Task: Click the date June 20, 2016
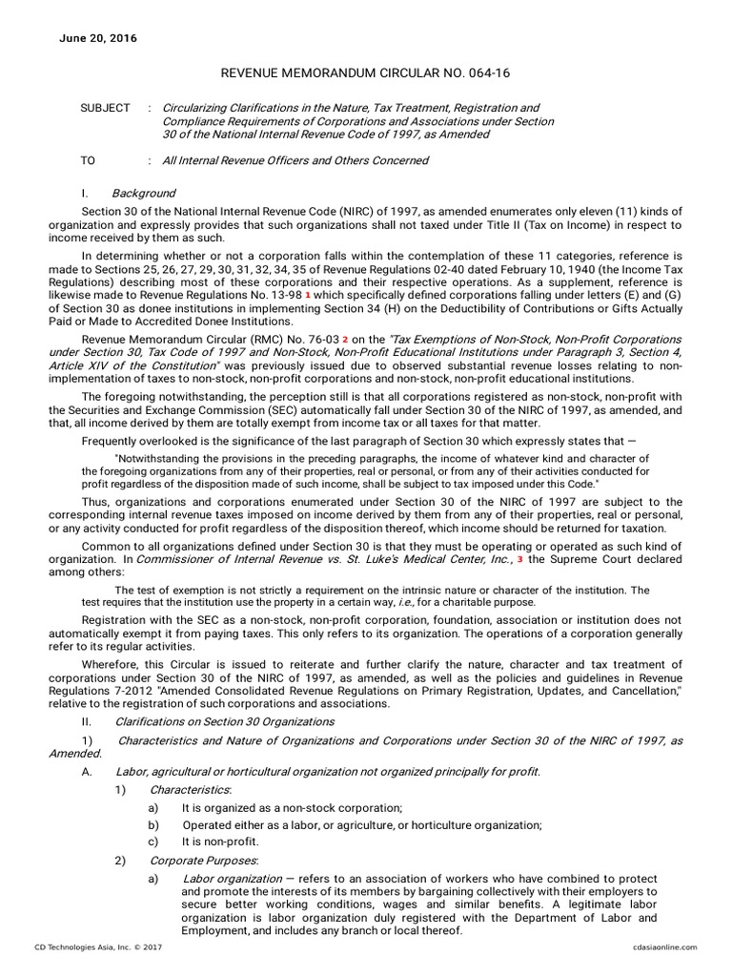tap(98, 39)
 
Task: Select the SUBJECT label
tap(105, 109)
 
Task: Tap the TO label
tap(88, 160)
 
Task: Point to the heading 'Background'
tap(143, 194)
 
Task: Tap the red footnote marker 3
tap(519, 559)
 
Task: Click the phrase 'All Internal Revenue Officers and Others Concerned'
tap(295, 160)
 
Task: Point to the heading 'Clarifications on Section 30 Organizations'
tap(224, 721)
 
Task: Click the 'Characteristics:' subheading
tap(191, 790)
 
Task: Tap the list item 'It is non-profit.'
tap(220, 842)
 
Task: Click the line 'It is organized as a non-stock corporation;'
tap(293, 807)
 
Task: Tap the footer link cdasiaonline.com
tap(664, 947)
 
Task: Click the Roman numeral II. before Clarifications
tap(87, 721)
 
